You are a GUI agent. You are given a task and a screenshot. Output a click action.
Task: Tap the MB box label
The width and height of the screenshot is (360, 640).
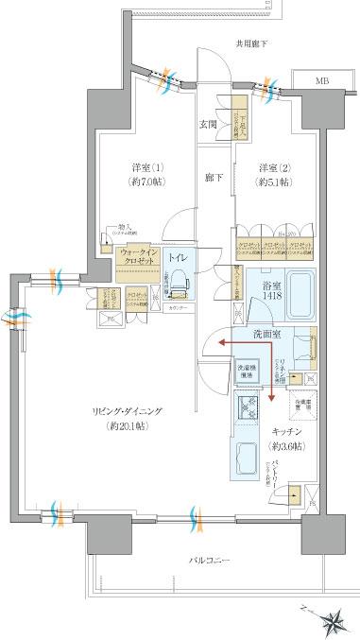coord(323,82)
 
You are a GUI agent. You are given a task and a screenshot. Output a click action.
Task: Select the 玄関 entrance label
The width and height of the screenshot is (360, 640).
coord(209,123)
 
